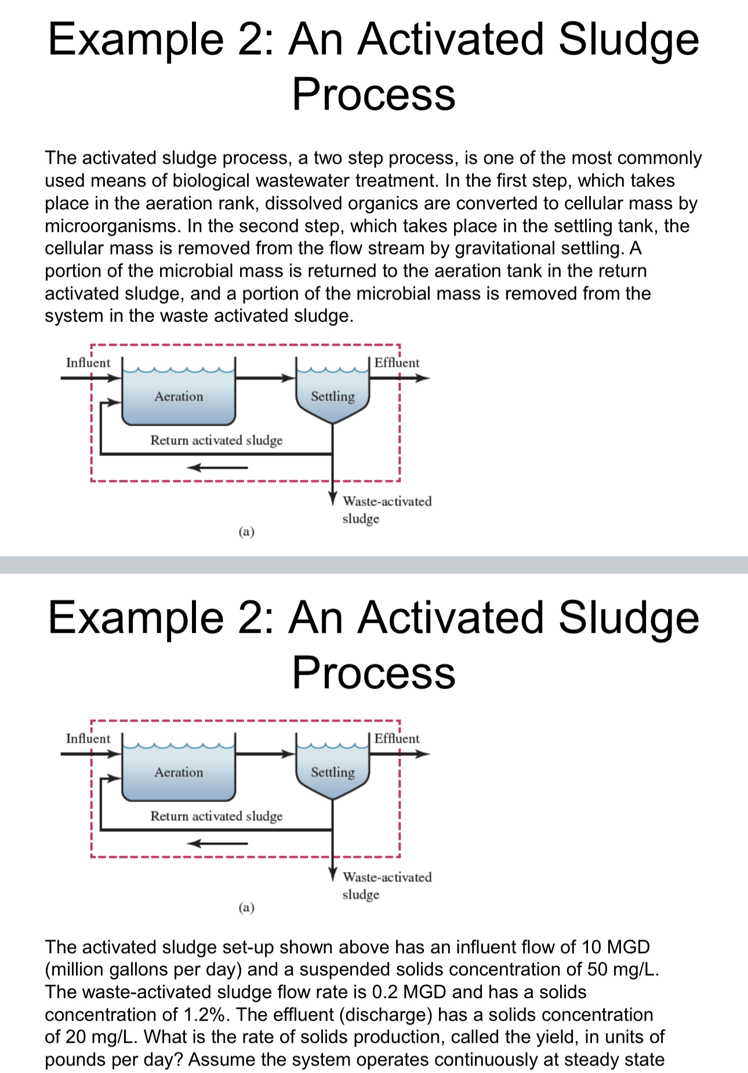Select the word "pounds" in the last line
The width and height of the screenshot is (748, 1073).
point(75,1060)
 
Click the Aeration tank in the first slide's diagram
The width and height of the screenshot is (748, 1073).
point(179,397)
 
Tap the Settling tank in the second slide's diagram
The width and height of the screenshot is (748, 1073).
point(332,773)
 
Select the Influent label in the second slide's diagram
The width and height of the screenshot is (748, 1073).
point(88,738)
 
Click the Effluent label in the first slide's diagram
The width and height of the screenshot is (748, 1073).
point(397,362)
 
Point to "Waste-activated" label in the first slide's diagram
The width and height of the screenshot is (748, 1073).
point(387,501)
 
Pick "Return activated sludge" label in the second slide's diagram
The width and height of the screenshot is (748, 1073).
point(216,816)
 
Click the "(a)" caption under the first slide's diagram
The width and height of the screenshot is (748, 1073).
point(246,531)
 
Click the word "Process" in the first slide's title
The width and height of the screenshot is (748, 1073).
point(373,94)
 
